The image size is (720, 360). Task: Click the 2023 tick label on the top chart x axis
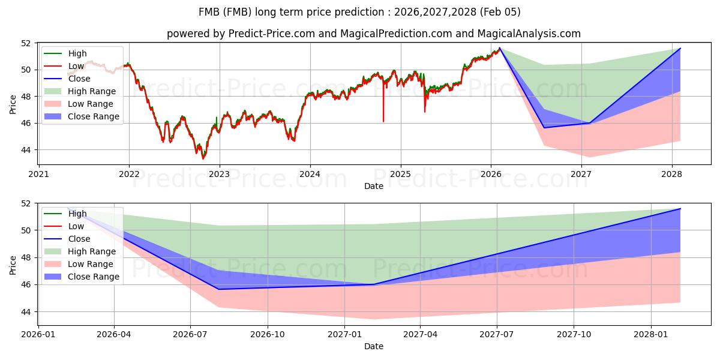pyautogui.click(x=220, y=175)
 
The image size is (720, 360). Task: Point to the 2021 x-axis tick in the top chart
pyautogui.click(x=39, y=175)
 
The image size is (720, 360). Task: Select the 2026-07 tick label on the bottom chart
pyautogui.click(x=190, y=335)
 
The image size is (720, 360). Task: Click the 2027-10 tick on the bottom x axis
pyautogui.click(x=574, y=335)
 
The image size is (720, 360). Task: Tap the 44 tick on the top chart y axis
pyautogui.click(x=25, y=150)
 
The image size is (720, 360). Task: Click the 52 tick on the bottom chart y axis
pyautogui.click(x=25, y=203)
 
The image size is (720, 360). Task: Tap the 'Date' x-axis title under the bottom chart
pyautogui.click(x=374, y=346)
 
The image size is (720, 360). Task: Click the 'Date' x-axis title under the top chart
pyautogui.click(x=374, y=186)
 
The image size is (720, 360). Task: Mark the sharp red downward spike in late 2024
pyautogui.click(x=383, y=120)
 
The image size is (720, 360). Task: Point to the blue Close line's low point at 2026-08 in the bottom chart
pyautogui.click(x=218, y=289)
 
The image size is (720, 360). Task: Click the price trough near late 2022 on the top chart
pyautogui.click(x=203, y=158)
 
